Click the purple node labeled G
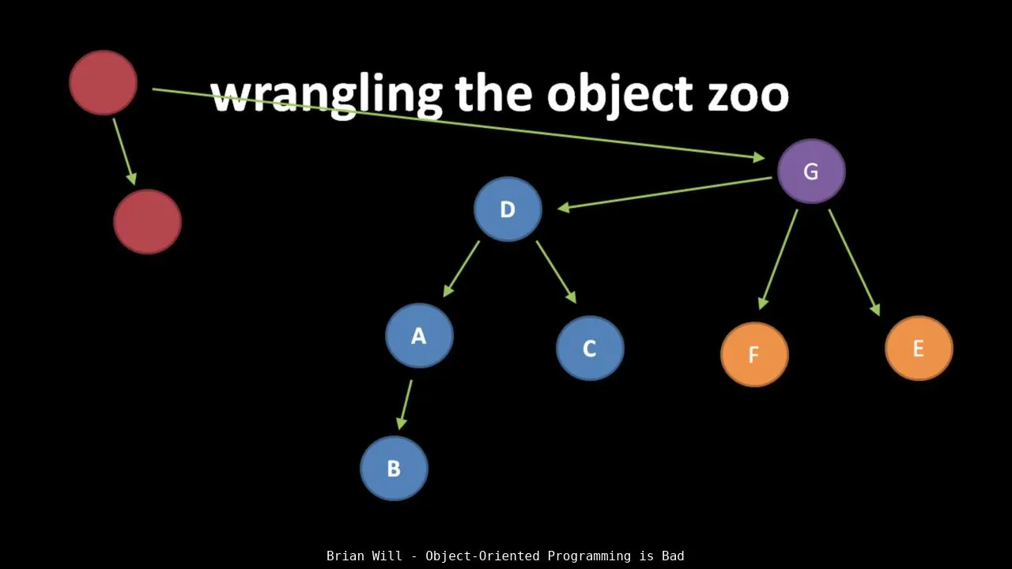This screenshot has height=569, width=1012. [x=811, y=171]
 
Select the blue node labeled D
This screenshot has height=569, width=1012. [x=508, y=209]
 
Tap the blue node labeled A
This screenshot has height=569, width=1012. [x=419, y=336]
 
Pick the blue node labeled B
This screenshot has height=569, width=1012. [x=394, y=469]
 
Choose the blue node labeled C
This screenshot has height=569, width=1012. [x=590, y=349]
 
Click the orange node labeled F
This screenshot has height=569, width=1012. [x=754, y=355]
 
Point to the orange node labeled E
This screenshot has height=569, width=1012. [x=919, y=349]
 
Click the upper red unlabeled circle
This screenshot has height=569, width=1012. [x=103, y=83]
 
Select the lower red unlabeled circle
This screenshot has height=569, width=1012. [x=147, y=222]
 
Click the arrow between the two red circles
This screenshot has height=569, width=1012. [x=124, y=152]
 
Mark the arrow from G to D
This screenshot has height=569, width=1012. [x=664, y=194]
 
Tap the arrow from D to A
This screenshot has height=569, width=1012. [x=461, y=269]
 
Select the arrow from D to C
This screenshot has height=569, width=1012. [x=557, y=272]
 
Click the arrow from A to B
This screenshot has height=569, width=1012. [x=404, y=405]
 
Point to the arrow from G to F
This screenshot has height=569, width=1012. [x=778, y=260]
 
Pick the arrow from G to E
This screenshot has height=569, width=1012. [x=855, y=263]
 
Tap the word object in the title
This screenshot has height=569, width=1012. [x=619, y=97]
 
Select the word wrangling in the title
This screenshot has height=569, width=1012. [x=327, y=97]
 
